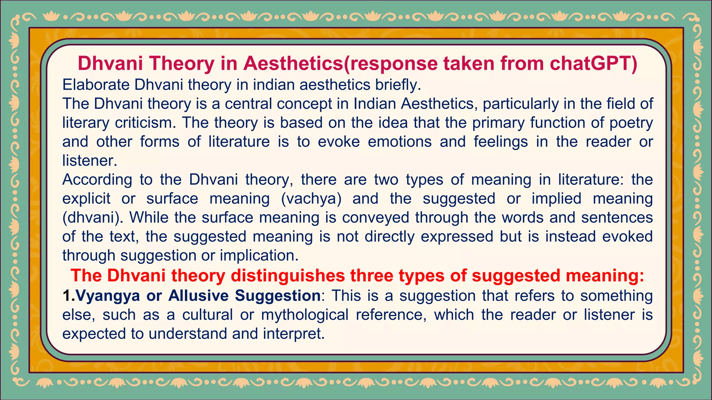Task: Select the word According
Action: click(97, 180)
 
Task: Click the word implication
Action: click(259, 256)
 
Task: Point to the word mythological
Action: click(305, 315)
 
